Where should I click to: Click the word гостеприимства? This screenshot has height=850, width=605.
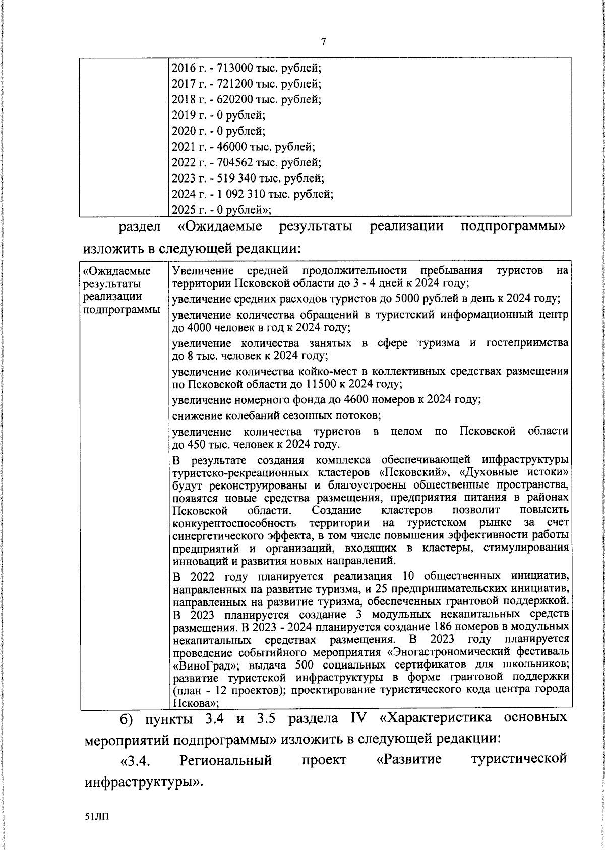[527, 343]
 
